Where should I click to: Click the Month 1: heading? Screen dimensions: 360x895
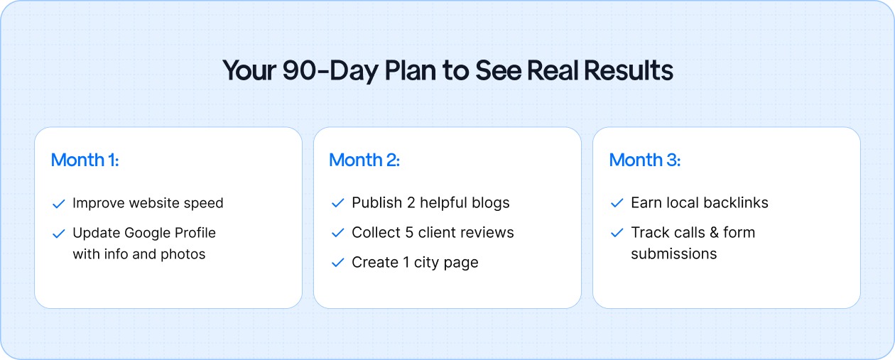tap(85, 160)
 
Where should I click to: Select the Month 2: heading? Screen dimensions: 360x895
tap(364, 160)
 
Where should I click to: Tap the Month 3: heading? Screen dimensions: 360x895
tap(644, 160)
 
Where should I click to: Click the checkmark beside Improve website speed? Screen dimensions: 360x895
tap(59, 204)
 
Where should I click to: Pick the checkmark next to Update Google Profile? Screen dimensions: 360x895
tap(59, 234)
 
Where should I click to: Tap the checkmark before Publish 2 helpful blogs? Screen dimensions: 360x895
tap(338, 204)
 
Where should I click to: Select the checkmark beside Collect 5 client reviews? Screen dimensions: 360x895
tap(338, 234)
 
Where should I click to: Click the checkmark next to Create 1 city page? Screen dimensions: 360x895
tap(338, 263)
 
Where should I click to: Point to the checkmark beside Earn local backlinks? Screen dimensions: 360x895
tap(617, 204)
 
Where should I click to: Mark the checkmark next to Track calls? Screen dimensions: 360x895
tap(617, 234)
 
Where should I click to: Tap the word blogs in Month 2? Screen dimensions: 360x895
tap(492, 203)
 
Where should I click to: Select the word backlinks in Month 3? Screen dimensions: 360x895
tap(734, 203)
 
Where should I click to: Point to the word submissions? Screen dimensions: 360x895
tap(673, 254)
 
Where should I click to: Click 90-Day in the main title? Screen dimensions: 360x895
tap(328, 72)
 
